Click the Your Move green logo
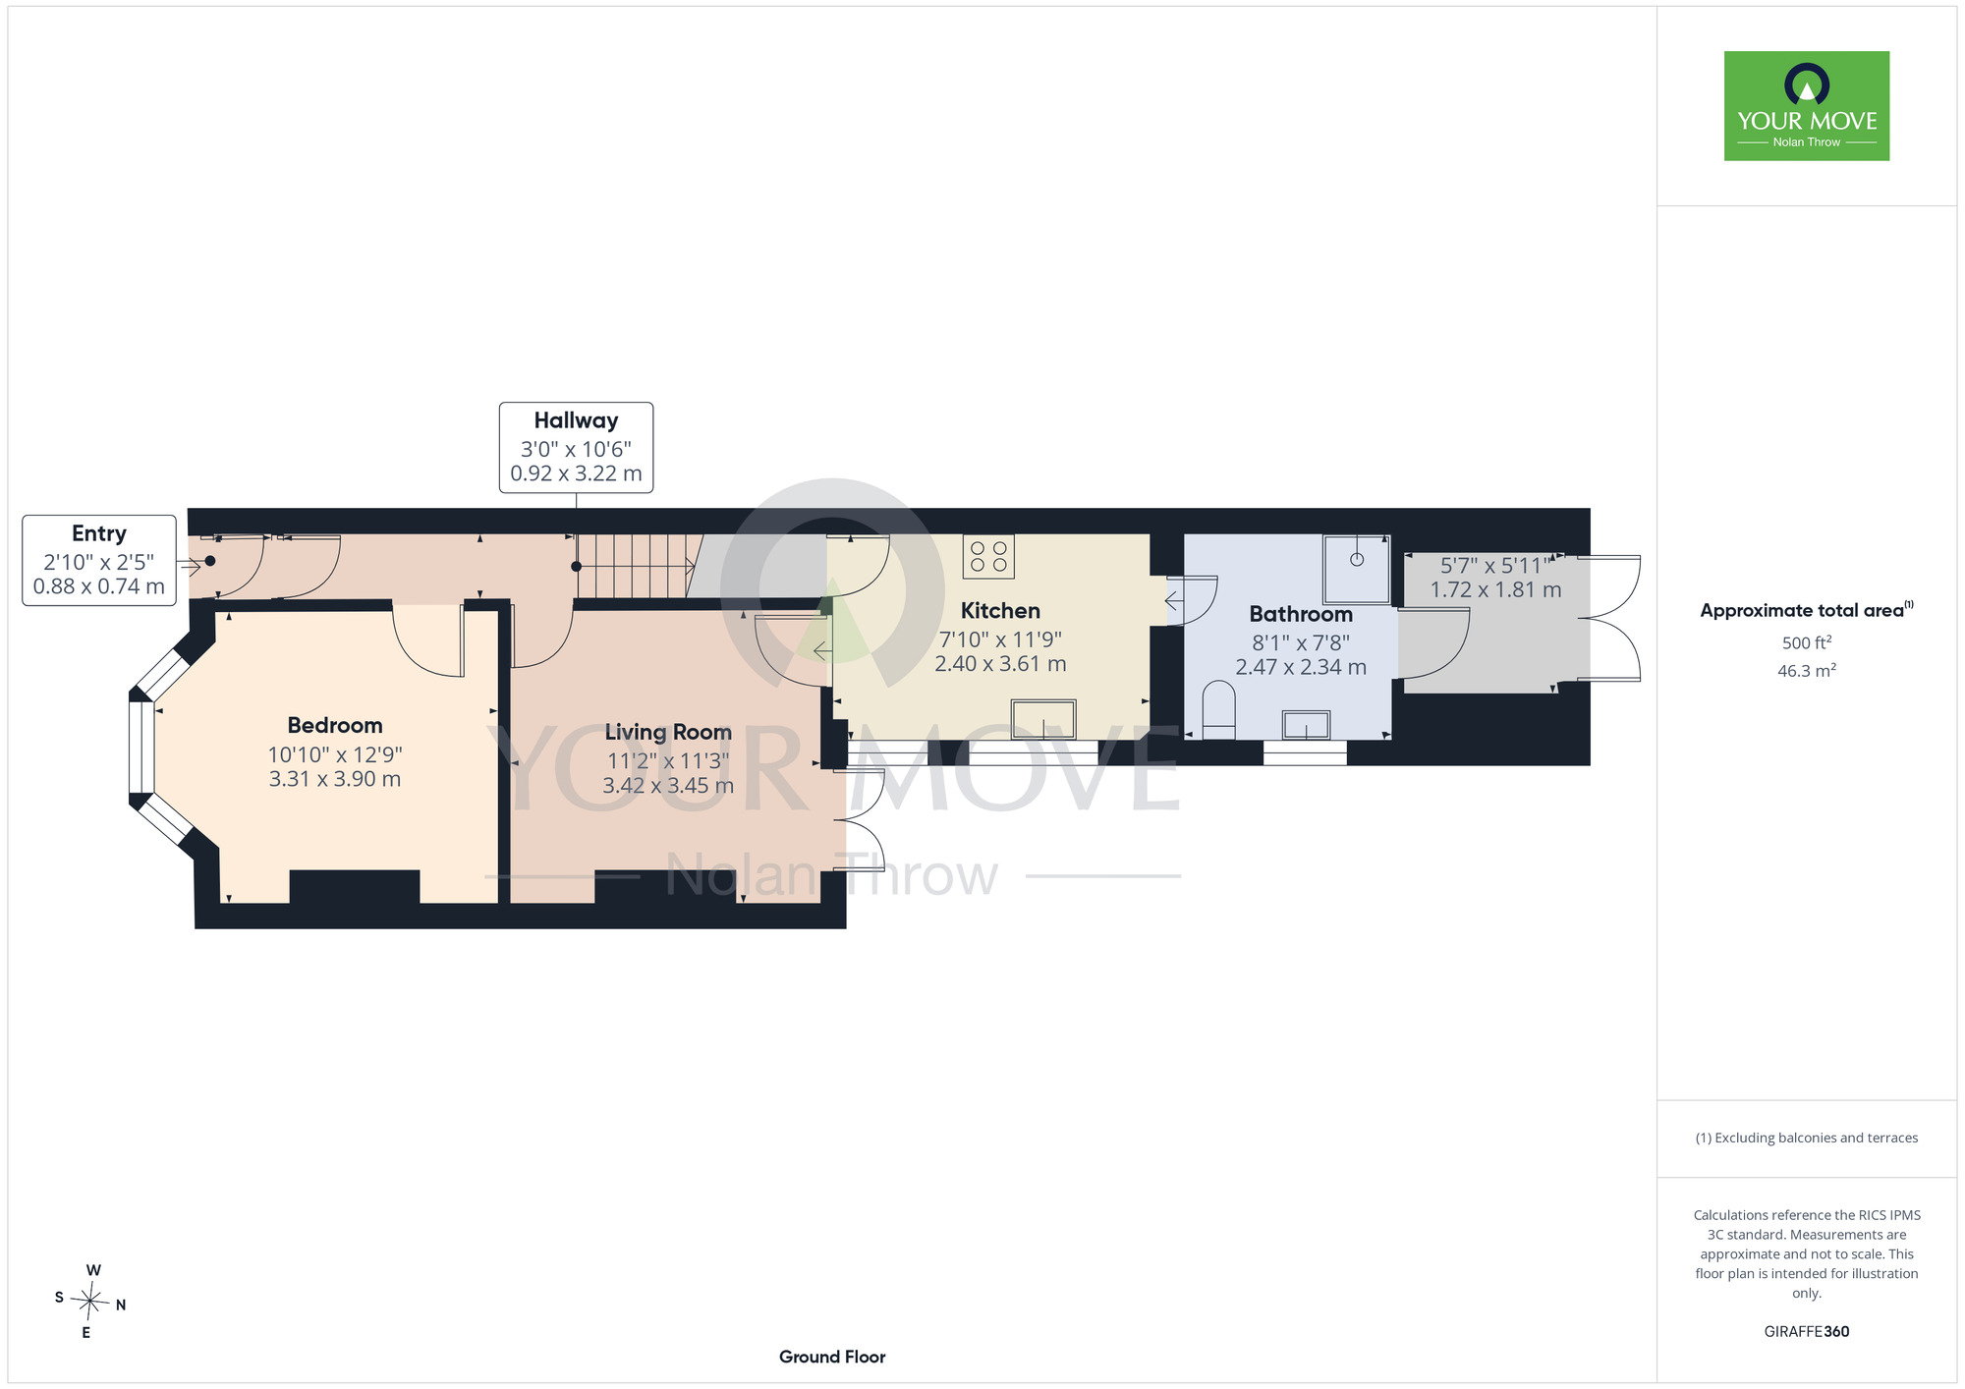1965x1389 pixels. [1807, 106]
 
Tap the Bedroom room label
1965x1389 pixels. [335, 726]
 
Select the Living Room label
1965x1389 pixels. [668, 733]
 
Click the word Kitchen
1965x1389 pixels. [1000, 611]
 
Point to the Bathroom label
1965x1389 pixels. [1301, 615]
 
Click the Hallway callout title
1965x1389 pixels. [576, 421]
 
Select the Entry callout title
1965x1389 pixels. [99, 534]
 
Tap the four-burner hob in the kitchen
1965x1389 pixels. [988, 556]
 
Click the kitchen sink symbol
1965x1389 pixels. [1043, 719]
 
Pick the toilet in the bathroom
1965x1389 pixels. [1218, 710]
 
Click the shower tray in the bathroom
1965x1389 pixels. [1356, 570]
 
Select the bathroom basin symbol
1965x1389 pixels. [1306, 725]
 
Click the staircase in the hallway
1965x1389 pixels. [640, 566]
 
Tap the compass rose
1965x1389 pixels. [90, 1302]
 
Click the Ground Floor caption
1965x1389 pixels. [832, 1357]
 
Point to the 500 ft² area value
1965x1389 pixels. [1807, 642]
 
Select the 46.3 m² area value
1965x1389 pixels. [1807, 671]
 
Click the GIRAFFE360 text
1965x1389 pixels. [1807, 1332]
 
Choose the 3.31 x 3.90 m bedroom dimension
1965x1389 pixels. [335, 779]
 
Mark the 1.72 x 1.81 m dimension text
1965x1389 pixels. [1495, 590]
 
